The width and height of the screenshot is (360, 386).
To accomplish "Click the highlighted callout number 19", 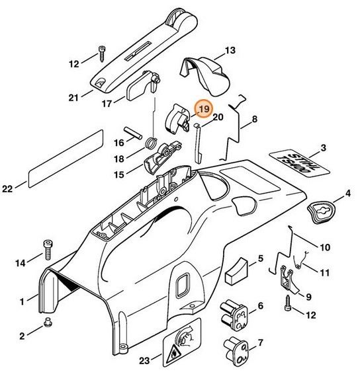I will click(x=203, y=108).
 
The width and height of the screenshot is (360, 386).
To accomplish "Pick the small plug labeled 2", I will click(x=48, y=322).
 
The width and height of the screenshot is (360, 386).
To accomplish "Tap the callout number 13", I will click(x=230, y=50).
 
